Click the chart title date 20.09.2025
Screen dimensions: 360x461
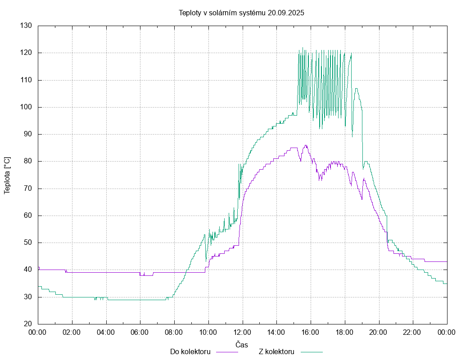286,13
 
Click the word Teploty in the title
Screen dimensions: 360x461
190,13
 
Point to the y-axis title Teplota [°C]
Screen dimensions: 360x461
7,175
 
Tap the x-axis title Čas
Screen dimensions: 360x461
242,344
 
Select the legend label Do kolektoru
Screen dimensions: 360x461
190,351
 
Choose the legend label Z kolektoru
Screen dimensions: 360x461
276,351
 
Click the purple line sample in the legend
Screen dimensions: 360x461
227,352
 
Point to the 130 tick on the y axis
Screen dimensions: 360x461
26,26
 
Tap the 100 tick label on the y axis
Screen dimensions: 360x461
26,107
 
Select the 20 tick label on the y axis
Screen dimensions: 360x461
28,324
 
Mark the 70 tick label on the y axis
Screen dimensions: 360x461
28,189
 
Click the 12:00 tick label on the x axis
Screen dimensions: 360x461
242,333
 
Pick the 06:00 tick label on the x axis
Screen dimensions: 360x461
140,333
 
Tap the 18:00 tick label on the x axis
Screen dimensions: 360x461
344,333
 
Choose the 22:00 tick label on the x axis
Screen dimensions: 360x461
413,333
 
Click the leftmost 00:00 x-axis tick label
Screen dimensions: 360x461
38,333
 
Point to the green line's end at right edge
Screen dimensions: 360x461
446,283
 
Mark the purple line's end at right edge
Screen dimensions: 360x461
446,261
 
